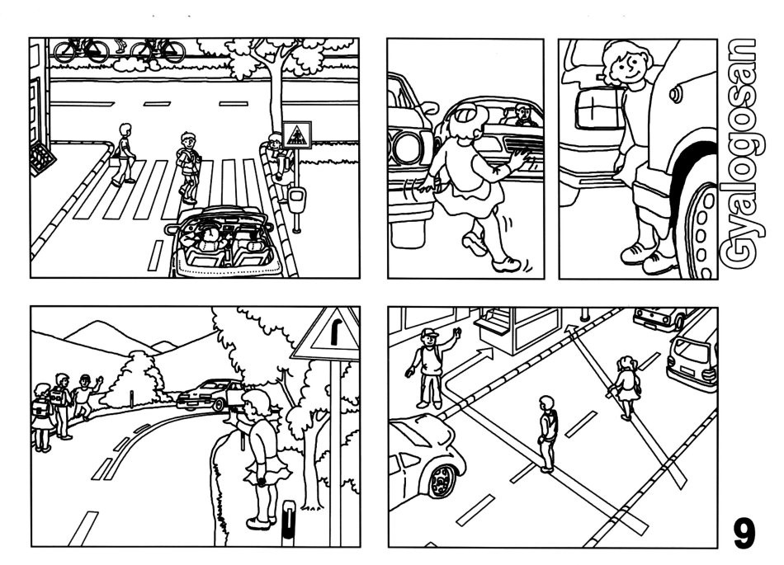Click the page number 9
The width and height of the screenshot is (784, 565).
coord(744,533)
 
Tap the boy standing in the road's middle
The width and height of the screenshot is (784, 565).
coord(547,434)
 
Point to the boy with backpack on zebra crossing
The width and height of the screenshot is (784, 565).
coord(187,167)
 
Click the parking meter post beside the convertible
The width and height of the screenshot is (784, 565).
coord(296,210)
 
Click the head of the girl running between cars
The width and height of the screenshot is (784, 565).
coord(469,120)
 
